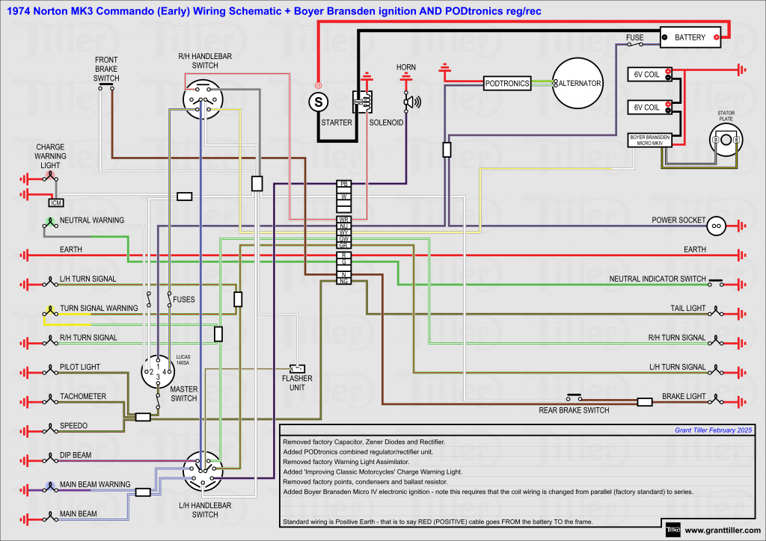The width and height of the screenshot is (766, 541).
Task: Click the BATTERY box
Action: pos(690,37)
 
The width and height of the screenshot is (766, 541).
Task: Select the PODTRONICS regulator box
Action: pos(506,84)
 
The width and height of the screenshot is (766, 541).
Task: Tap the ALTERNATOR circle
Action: pos(577,84)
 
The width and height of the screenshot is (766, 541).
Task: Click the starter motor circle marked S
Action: pos(319,99)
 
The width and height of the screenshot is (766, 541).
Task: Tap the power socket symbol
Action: pos(716,224)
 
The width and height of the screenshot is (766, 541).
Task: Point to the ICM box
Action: pos(55,203)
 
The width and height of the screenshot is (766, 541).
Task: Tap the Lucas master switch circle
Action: pos(159,371)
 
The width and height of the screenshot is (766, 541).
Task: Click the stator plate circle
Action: pos(726,140)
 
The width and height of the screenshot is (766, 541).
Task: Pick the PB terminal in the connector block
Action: pos(344,183)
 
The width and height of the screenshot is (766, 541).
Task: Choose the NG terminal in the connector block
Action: pos(344,281)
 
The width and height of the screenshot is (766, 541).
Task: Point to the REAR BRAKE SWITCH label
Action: pos(574,410)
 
